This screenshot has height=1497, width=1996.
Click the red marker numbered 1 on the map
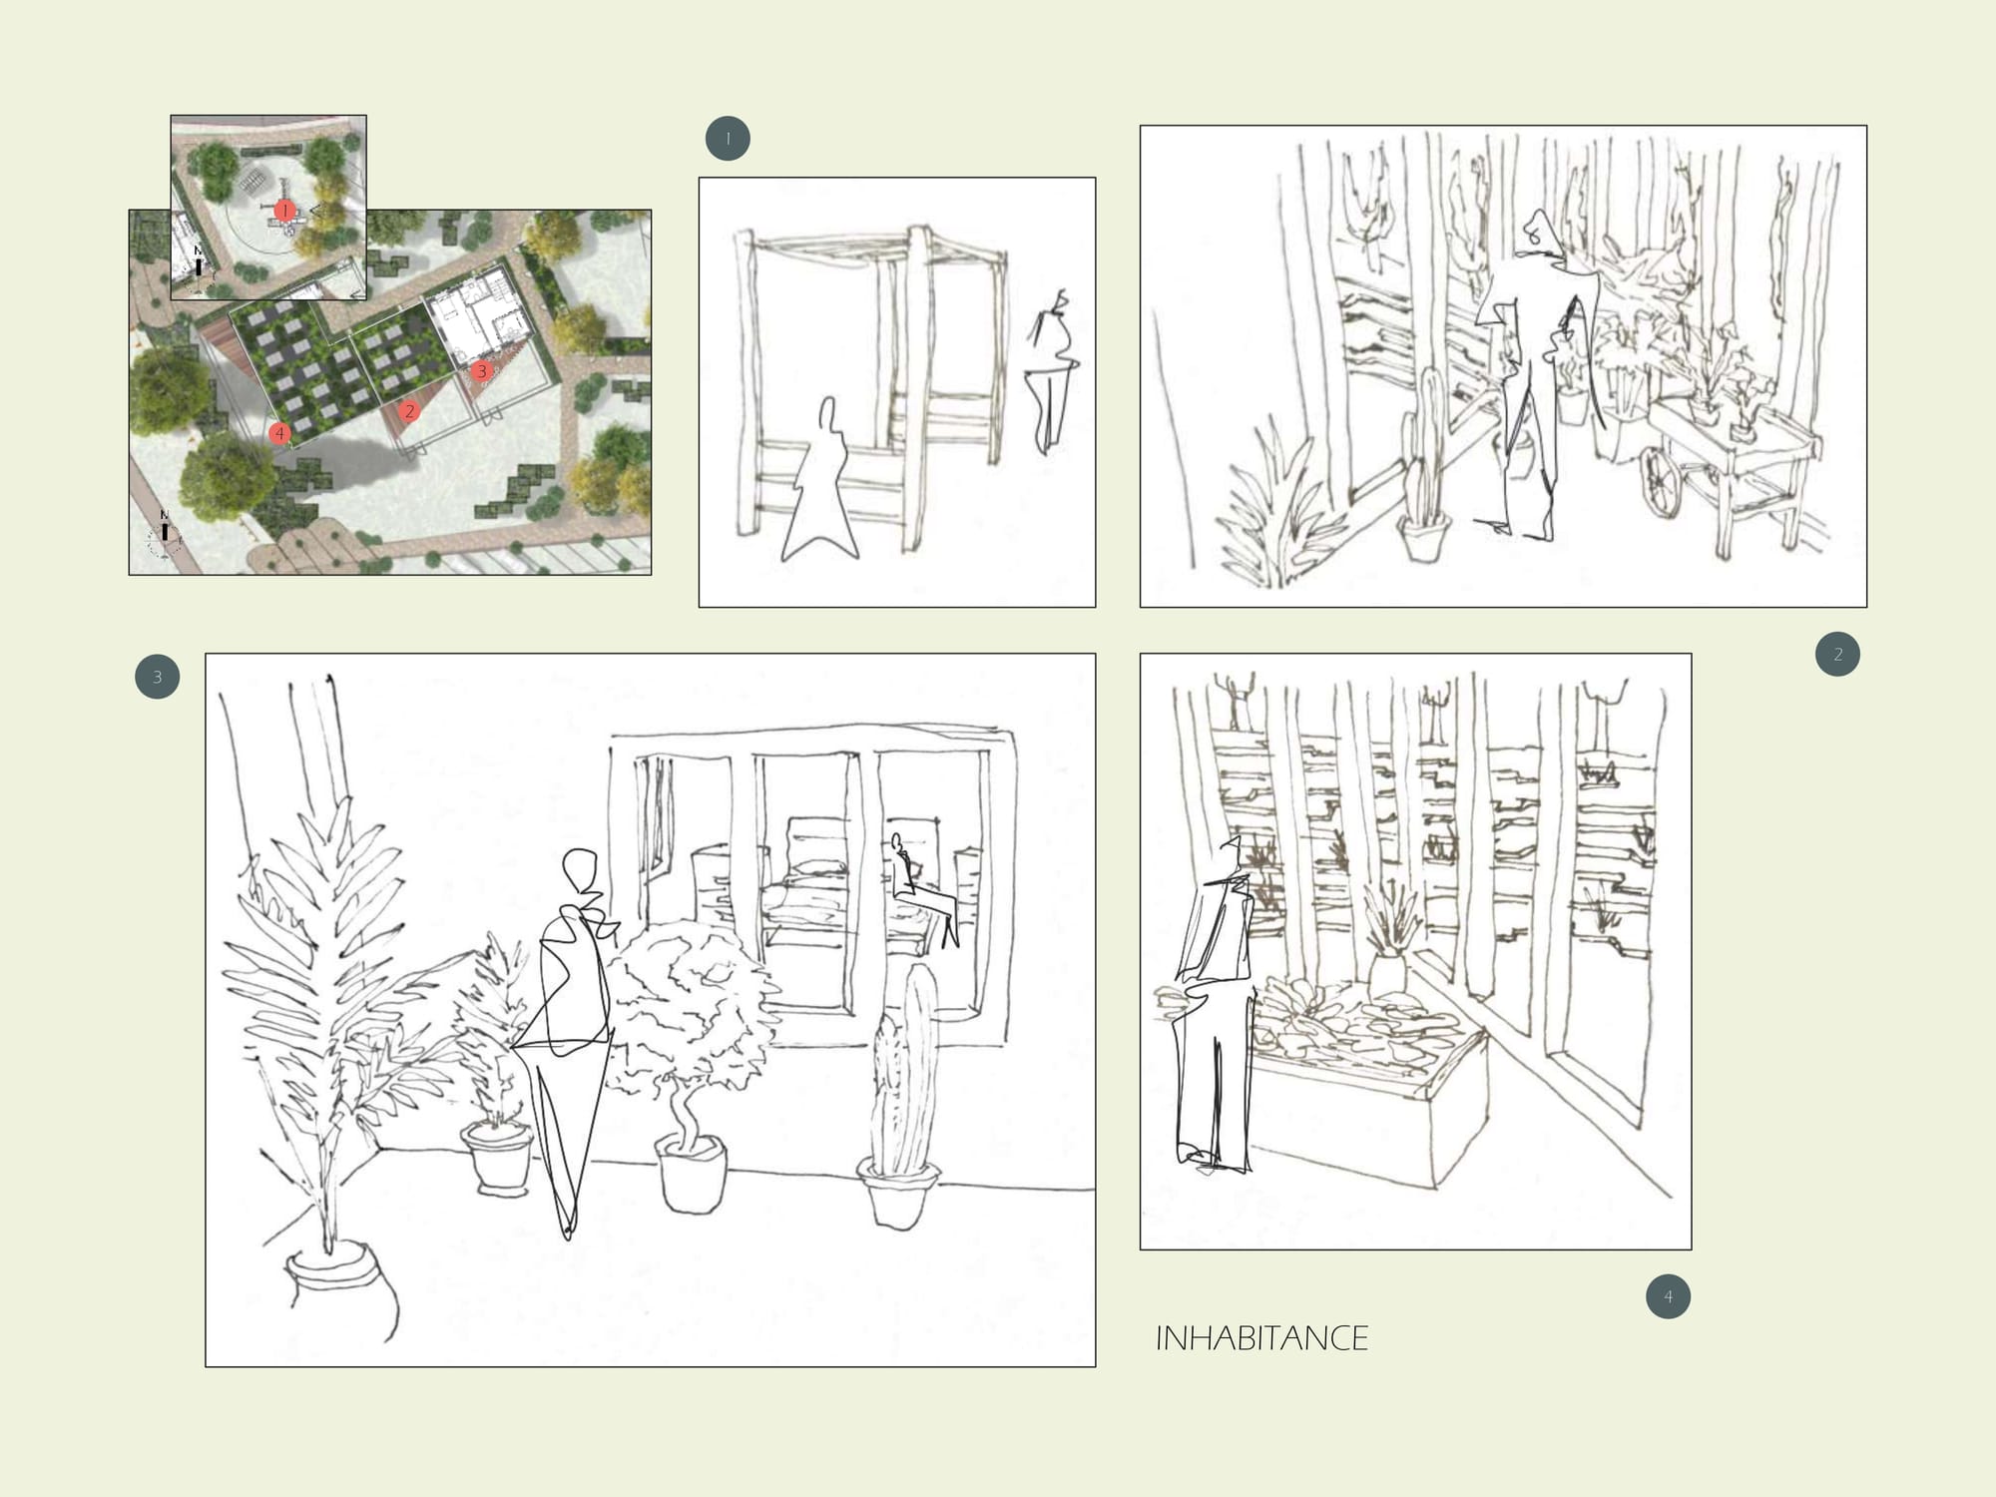(285, 211)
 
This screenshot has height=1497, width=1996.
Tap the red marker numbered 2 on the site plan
(408, 411)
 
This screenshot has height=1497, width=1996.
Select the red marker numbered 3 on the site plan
(482, 371)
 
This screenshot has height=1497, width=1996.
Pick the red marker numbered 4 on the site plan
(279, 433)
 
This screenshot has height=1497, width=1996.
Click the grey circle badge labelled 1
(728, 139)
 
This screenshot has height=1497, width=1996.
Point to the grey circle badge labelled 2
(1837, 655)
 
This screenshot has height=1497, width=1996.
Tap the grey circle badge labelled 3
(157, 677)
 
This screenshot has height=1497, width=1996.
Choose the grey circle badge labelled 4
(1668, 1296)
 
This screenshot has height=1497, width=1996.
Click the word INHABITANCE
(1261, 1338)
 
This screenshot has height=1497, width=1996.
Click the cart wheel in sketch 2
(1665, 481)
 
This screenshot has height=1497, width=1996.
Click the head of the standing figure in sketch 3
(580, 871)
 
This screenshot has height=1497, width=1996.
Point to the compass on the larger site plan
(165, 535)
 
